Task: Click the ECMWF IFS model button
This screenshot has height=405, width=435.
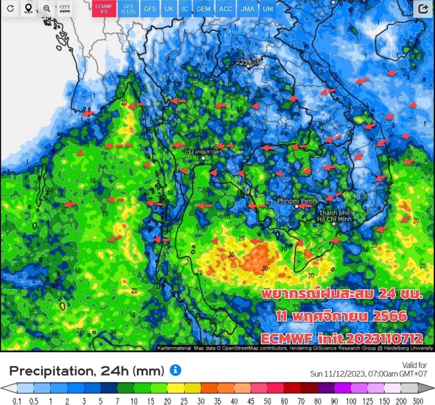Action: click(104, 8)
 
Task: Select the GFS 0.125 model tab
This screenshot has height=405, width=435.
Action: click(128, 8)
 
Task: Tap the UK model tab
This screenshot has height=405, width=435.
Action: click(169, 8)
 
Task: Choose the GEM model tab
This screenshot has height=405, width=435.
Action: click(203, 8)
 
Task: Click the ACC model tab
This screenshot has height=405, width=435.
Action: click(225, 8)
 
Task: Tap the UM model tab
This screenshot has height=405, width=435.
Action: click(267, 8)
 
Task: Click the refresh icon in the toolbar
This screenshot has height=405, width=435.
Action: click(10, 8)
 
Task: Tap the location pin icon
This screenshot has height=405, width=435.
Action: click(28, 8)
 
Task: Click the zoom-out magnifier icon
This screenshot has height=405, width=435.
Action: click(47, 8)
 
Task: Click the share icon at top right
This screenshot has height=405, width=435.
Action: click(423, 9)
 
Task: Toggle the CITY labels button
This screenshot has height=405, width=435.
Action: click(64, 9)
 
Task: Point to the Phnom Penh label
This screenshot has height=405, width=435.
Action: click(297, 201)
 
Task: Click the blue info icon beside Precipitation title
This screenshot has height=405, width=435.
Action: click(175, 370)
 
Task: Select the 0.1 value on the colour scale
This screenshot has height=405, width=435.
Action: click(17, 401)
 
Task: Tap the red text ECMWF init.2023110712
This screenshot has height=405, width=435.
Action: click(342, 338)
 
